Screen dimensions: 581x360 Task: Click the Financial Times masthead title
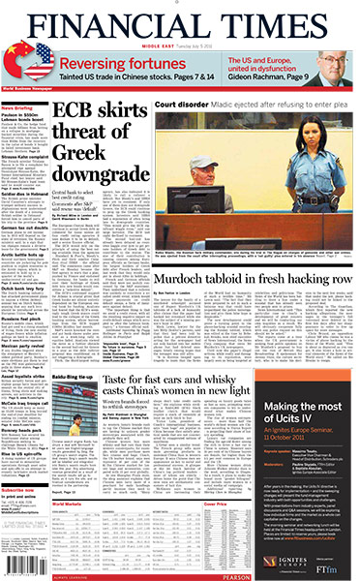[180, 20]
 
